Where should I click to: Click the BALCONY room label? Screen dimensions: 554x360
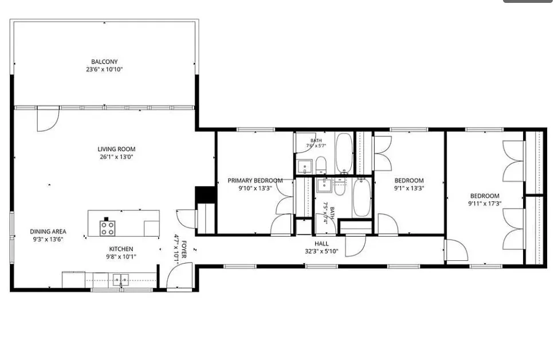(x=104, y=61)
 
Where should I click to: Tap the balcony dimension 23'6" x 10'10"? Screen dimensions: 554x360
(x=104, y=69)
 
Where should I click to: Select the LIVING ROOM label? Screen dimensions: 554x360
(x=117, y=149)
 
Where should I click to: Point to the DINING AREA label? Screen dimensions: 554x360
(x=48, y=232)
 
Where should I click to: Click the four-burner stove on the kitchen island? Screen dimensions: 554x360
(x=107, y=228)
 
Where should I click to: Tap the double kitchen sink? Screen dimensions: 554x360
(x=120, y=279)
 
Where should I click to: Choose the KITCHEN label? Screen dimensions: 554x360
(x=121, y=249)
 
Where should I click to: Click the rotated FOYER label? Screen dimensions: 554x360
(x=184, y=250)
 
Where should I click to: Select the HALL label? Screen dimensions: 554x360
(x=321, y=244)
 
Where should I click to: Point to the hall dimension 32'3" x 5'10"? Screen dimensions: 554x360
(x=321, y=252)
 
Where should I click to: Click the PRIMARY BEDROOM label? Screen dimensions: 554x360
(x=255, y=181)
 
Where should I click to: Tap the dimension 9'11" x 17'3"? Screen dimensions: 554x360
(x=485, y=204)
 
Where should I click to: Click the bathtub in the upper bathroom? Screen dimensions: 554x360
(x=344, y=152)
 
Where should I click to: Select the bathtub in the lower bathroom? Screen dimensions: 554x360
(x=362, y=197)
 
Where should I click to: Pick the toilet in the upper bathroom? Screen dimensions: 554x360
(x=321, y=165)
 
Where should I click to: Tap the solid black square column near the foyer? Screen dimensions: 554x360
(x=205, y=194)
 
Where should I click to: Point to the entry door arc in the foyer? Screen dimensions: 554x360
(x=179, y=276)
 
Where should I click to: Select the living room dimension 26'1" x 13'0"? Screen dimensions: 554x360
(x=117, y=157)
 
